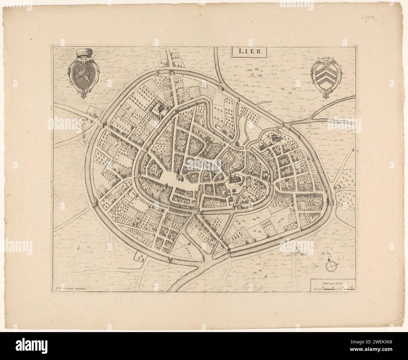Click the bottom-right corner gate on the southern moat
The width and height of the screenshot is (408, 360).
click(x=228, y=251)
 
